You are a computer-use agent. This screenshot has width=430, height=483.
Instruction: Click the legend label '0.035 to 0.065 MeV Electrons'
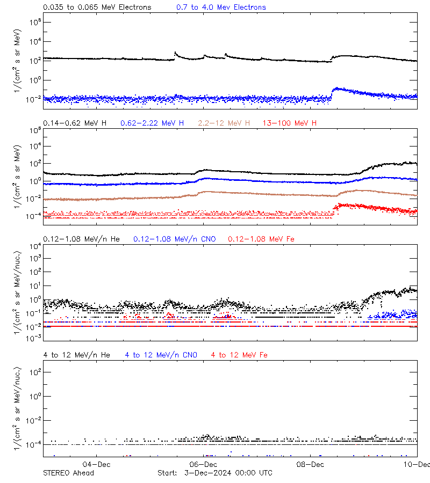(x=97, y=8)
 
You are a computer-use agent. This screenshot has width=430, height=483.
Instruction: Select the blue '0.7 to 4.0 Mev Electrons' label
(x=221, y=8)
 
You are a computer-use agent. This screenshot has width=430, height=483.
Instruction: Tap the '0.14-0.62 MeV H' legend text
(x=75, y=123)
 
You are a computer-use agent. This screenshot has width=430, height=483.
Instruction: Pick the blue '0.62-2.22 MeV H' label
(x=152, y=123)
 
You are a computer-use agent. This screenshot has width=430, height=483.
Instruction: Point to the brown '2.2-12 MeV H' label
(x=224, y=123)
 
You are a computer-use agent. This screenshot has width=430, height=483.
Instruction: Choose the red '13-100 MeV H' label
(x=290, y=123)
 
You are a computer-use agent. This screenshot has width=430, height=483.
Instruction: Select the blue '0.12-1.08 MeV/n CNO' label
(x=174, y=239)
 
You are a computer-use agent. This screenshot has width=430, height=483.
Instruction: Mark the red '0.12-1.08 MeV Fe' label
(x=261, y=239)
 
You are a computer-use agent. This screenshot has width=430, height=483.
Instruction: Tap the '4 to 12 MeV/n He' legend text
(x=76, y=355)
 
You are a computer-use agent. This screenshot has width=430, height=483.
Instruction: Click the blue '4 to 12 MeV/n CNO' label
(x=161, y=355)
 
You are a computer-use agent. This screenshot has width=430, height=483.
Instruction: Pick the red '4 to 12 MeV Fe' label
(x=239, y=355)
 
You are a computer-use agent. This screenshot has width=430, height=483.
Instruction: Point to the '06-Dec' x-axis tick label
(x=203, y=464)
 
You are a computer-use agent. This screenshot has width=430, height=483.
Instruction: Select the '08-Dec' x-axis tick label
(x=310, y=464)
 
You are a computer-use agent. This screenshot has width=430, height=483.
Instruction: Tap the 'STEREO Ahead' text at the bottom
(x=68, y=473)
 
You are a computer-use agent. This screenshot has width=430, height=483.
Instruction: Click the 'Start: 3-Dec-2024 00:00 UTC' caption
(x=215, y=473)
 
